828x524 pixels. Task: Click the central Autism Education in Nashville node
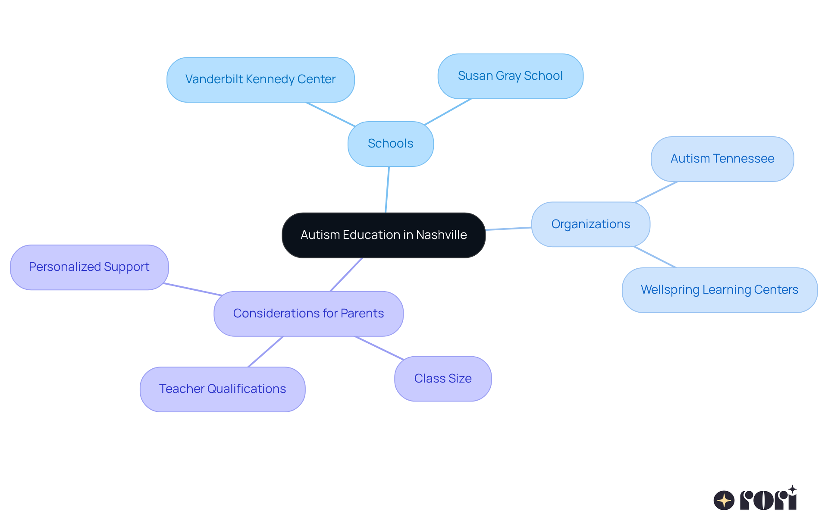click(383, 235)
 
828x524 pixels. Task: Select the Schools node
click(390, 144)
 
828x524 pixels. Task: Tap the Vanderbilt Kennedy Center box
click(260, 80)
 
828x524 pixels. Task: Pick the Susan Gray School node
click(510, 76)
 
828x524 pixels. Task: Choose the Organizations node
click(590, 224)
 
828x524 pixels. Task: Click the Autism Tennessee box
click(722, 159)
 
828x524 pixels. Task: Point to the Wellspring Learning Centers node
click(719, 290)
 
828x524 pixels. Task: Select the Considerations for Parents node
click(308, 314)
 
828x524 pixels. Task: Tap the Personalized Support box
click(89, 267)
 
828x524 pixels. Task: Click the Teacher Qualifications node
click(223, 389)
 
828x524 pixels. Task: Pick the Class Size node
click(443, 379)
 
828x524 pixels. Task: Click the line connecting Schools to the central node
click(387, 190)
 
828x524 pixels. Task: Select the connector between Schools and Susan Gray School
click(448, 112)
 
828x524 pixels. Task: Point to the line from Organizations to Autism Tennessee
click(656, 192)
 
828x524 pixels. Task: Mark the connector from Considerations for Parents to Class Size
click(379, 348)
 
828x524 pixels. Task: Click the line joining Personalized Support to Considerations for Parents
click(193, 289)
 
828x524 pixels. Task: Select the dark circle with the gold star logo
click(724, 500)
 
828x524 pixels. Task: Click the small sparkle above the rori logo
click(792, 489)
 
